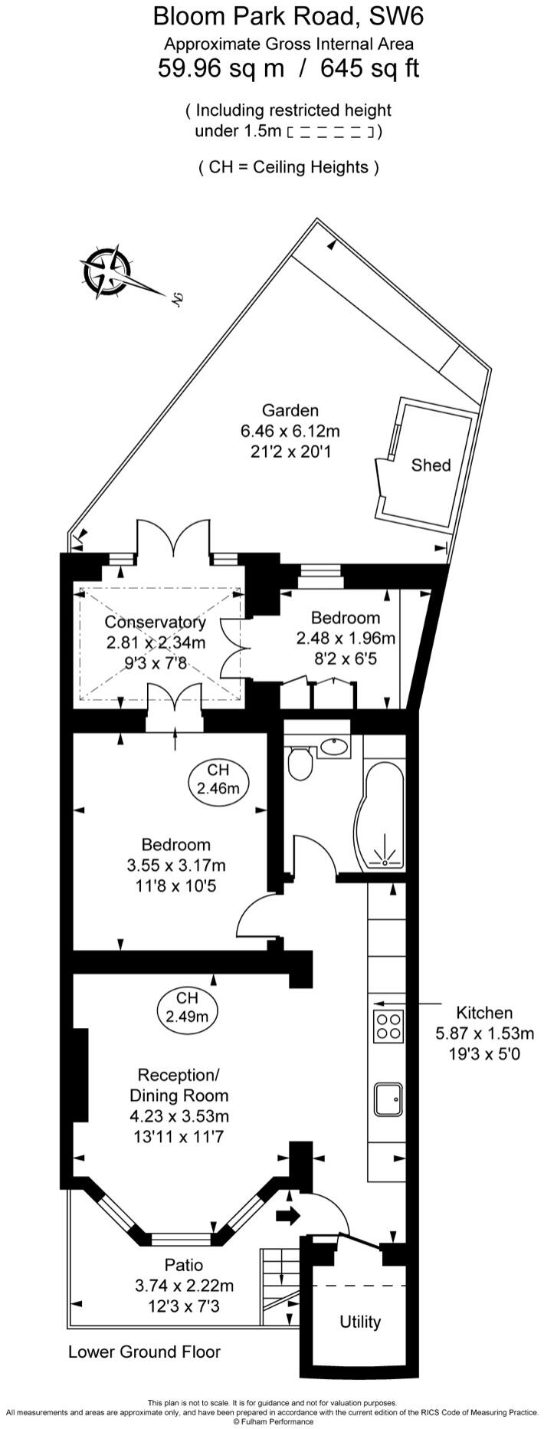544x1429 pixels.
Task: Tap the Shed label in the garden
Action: [431, 465]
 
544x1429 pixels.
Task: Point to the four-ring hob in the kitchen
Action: [389, 1027]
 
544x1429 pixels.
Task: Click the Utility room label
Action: [359, 1322]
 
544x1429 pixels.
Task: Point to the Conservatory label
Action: [155, 622]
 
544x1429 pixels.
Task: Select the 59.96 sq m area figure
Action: [221, 69]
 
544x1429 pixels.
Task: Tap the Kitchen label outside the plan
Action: [484, 1012]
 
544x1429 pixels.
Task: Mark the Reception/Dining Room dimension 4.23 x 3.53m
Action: [179, 1115]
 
